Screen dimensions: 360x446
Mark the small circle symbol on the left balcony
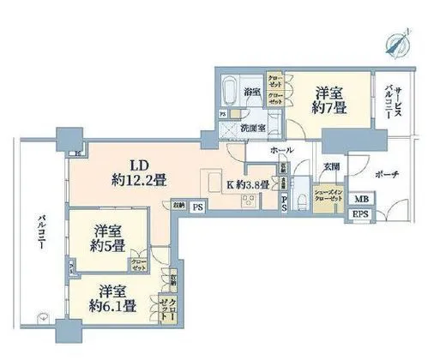pyautogui.click(x=39, y=318)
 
